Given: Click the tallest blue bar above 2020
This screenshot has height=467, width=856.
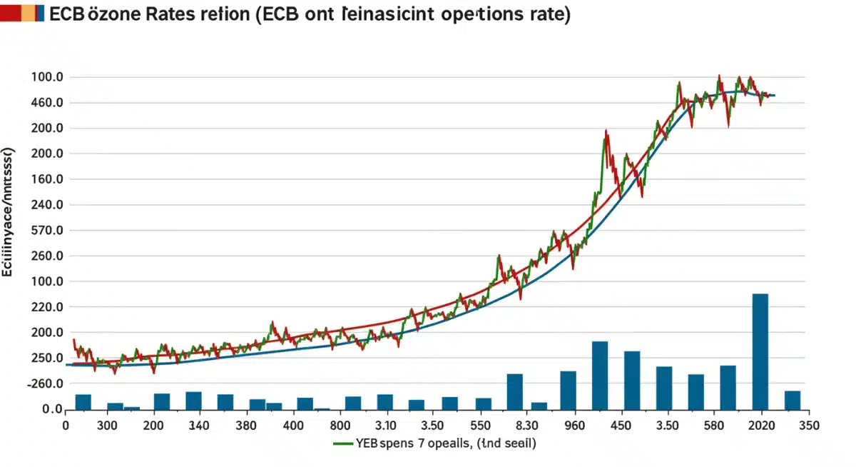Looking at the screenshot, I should click(x=760, y=351).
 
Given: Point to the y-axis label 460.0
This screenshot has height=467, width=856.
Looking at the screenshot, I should click(x=49, y=103).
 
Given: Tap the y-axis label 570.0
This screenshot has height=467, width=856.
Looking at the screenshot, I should click(x=49, y=231).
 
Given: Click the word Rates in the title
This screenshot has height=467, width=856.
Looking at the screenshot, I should click(x=173, y=14).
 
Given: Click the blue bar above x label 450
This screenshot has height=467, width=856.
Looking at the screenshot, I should click(x=632, y=381).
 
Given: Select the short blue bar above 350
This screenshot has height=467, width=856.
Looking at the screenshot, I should click(x=792, y=401).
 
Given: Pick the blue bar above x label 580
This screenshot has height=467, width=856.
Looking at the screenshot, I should click(x=728, y=388).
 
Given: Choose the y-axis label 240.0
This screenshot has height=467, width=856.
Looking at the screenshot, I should click(x=49, y=205).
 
